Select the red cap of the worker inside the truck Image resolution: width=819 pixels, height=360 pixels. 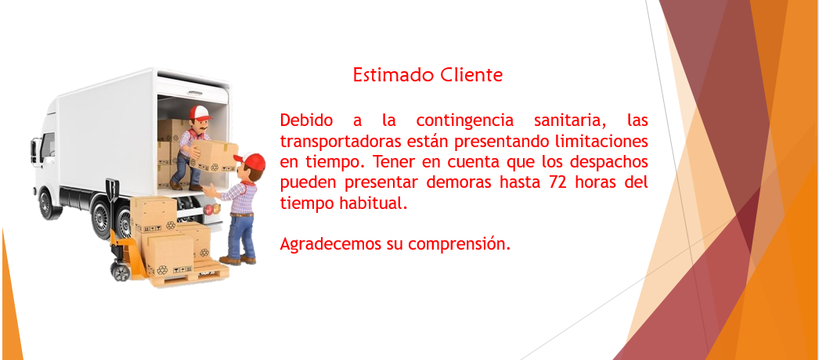pyautogui.click(x=200, y=112)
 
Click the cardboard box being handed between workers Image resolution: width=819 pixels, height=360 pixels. pyautogui.click(x=214, y=157)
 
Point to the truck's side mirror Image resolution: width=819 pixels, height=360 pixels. pyautogui.click(x=34, y=149)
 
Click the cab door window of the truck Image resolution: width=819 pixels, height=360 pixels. pyautogui.click(x=48, y=145)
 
